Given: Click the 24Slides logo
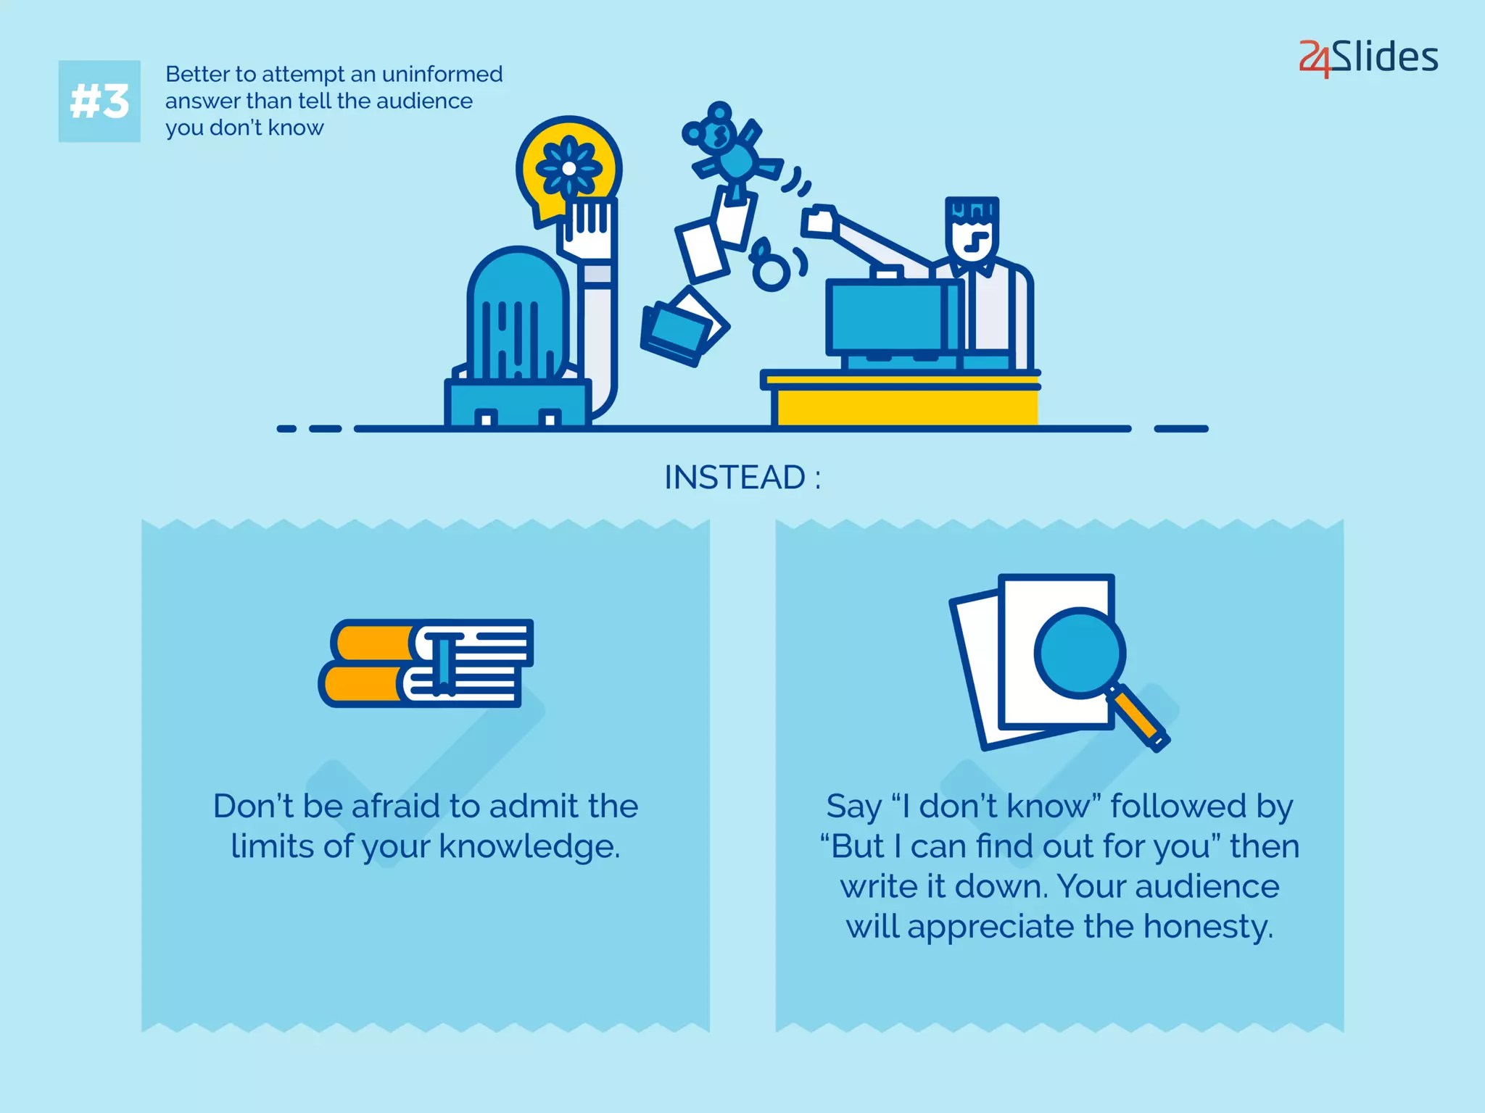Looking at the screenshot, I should click(x=1368, y=57).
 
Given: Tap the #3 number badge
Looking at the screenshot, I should click(x=99, y=101).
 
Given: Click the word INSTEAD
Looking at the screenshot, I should click(x=734, y=478).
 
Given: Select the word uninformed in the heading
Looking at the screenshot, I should click(x=442, y=74).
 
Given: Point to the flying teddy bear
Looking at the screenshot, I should click(x=729, y=149).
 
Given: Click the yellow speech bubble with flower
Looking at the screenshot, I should click(x=568, y=168).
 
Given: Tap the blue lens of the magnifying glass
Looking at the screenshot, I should click(x=1079, y=652).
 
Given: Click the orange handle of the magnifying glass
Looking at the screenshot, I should click(x=1136, y=717).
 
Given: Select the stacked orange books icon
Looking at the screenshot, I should click(x=427, y=663).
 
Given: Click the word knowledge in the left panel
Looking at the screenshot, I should click(x=529, y=846).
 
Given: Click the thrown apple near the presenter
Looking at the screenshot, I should click(x=771, y=270).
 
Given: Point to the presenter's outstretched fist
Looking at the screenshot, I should click(x=819, y=221).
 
